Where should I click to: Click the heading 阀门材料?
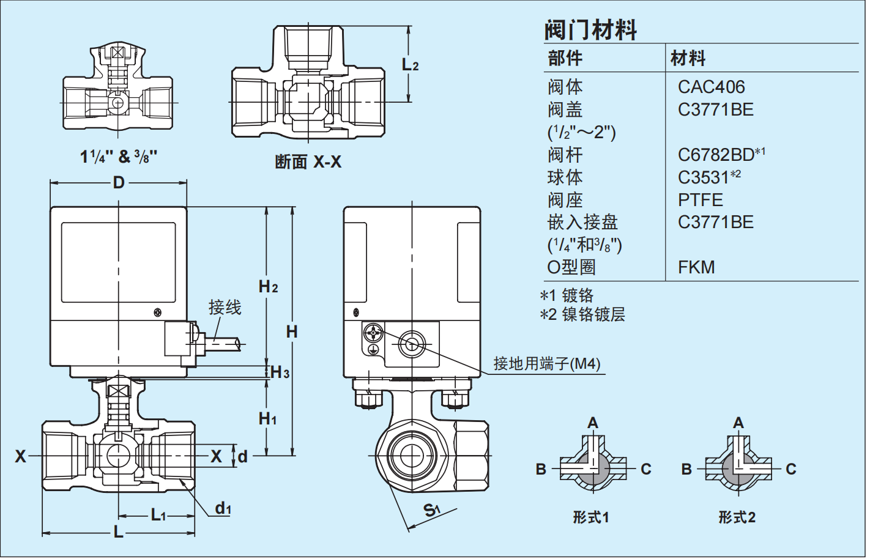590,29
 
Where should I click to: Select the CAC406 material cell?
711,87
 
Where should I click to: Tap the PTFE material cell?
700,200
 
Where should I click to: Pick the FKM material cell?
696,267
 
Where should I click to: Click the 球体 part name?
565,177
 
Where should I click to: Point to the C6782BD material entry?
716,155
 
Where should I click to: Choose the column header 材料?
688,59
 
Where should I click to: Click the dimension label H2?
268,286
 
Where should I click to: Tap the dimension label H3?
280,372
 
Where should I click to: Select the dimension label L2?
410,64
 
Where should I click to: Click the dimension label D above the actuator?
119,182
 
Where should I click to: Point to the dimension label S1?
431,509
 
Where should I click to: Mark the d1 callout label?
223,508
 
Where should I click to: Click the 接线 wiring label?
225,307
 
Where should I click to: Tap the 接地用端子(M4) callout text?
547,364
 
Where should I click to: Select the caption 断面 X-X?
308,162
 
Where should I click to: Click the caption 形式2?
737,517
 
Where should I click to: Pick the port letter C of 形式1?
646,469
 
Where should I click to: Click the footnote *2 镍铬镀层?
582,315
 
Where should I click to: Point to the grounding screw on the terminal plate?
373,333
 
